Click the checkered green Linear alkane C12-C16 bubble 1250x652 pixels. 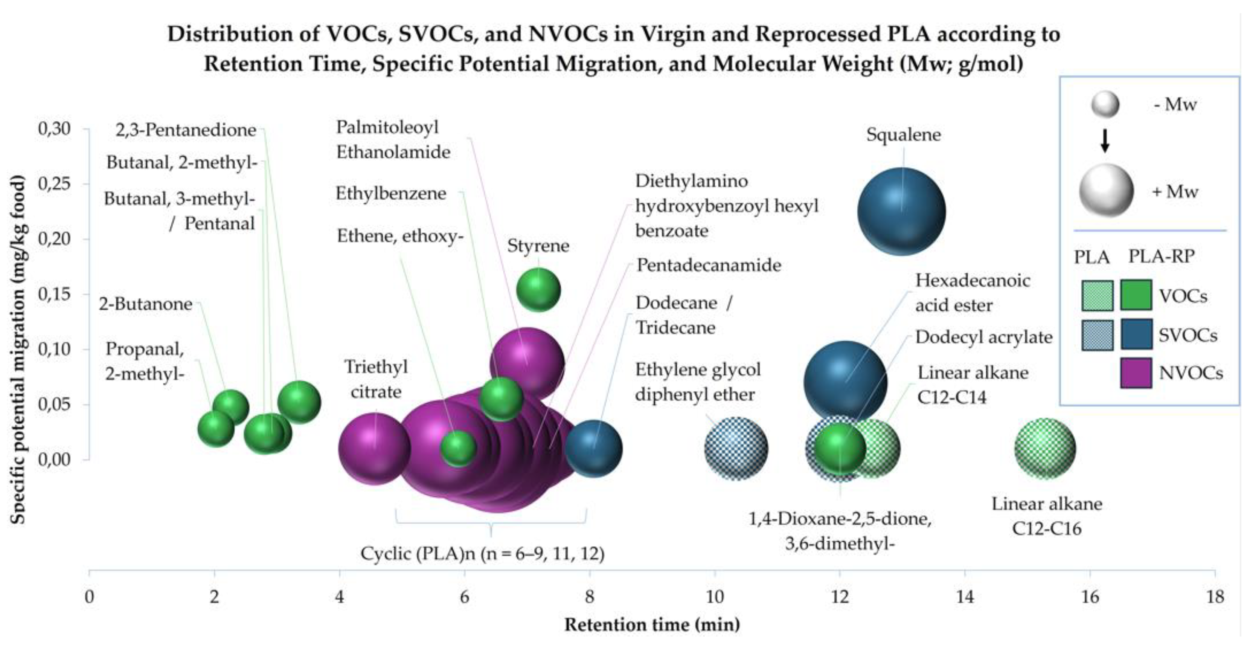[x=1045, y=448]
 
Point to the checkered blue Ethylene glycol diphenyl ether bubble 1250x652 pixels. [x=736, y=448]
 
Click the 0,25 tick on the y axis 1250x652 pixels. [x=54, y=184]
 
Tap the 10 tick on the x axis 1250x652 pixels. [x=715, y=596]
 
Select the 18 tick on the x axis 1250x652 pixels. [x=1215, y=596]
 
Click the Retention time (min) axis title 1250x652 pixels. [x=652, y=625]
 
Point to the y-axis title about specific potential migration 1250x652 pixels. [x=17, y=350]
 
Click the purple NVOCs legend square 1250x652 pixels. [x=1136, y=373]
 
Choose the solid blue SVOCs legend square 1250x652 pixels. [x=1136, y=334]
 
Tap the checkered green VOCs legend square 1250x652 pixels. [x=1097, y=296]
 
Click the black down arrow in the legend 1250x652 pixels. [x=1105, y=141]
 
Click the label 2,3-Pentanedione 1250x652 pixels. [x=186, y=130]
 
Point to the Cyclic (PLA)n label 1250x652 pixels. [x=482, y=553]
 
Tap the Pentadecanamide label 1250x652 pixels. [x=709, y=265]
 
